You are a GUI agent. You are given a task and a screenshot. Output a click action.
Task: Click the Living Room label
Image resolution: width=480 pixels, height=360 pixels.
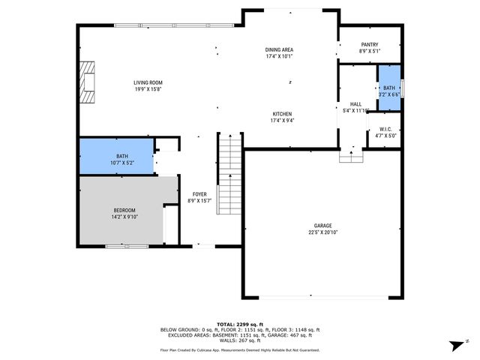coord(148,82)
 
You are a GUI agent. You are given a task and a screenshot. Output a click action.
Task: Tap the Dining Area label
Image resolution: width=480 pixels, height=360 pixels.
coord(279,49)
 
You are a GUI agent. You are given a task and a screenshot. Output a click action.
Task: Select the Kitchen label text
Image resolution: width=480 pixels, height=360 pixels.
coord(281,113)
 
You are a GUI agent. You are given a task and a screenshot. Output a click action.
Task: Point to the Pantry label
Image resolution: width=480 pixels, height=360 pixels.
coord(369,45)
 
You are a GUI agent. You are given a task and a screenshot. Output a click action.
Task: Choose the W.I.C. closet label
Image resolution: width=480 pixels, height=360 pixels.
coord(385,128)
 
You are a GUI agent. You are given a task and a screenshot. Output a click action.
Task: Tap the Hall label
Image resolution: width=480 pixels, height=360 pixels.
coord(355,104)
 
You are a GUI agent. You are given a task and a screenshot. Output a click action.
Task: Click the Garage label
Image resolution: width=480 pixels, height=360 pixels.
coord(323,225)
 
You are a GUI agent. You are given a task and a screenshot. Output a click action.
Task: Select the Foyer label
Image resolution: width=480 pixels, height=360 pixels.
coord(199,194)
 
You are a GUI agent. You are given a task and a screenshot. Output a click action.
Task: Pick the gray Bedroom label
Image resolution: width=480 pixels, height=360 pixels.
coord(124,209)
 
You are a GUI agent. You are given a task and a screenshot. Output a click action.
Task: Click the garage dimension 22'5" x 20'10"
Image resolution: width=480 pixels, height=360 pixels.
coord(323,232)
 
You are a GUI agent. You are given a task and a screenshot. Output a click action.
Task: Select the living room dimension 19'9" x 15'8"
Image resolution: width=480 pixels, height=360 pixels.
coord(148,90)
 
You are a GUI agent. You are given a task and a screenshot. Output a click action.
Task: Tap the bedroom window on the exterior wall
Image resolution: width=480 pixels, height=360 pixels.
coord(120,245)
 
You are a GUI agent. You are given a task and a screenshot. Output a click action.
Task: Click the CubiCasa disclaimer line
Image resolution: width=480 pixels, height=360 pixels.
coord(239,350)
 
